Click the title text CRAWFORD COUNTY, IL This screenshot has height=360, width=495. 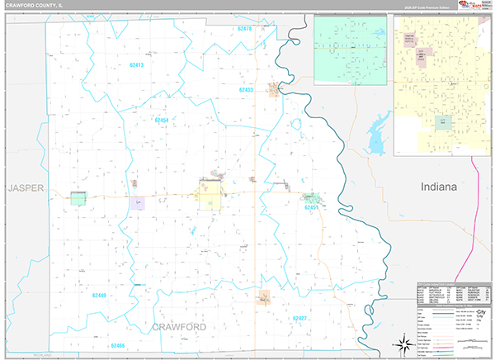pyautogui.click(x=36, y=6)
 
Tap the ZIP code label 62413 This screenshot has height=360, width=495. pyautogui.click(x=136, y=64)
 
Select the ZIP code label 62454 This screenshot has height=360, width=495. pyautogui.click(x=162, y=121)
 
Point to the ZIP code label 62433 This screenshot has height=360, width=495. pyautogui.click(x=247, y=89)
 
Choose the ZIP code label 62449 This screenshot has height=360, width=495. pyautogui.click(x=99, y=295)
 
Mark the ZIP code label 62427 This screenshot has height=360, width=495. pyautogui.click(x=299, y=318)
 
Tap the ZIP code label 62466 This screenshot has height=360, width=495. pyautogui.click(x=117, y=345)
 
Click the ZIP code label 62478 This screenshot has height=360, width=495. pyautogui.click(x=244, y=29)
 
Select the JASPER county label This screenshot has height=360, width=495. pyautogui.click(x=24, y=188)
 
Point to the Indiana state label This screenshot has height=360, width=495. pyautogui.click(x=438, y=187)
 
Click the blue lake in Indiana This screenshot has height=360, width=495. pyautogui.click(x=378, y=135)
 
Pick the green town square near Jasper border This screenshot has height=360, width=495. pyautogui.click(x=78, y=198)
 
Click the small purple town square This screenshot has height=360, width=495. pyautogui.click(x=136, y=201)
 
